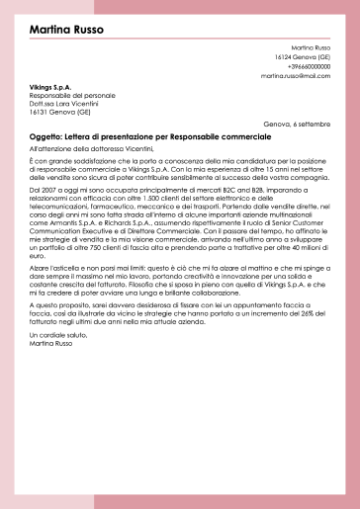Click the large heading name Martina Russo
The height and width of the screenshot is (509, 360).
pos(68,31)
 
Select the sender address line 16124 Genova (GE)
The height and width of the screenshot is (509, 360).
pos(303,56)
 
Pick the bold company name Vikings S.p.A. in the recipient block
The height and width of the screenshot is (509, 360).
pos(50,87)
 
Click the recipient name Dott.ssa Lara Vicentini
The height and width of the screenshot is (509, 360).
pos(61,104)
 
